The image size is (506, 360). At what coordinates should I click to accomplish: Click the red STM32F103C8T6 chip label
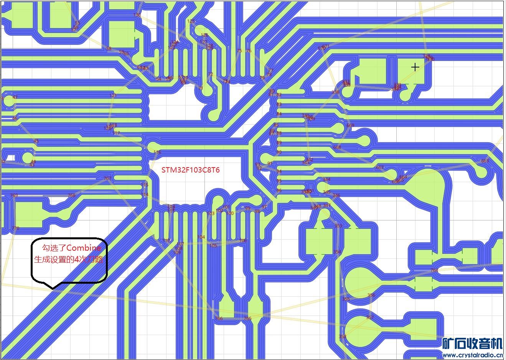click(190, 170)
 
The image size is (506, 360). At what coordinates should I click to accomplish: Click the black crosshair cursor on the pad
click(415, 67)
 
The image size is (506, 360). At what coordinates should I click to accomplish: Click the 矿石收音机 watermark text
click(472, 344)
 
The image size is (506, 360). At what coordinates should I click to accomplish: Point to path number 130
click(137, 15)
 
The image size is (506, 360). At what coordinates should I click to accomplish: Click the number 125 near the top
click(191, 21)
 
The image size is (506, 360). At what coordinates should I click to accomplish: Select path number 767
click(107, 178)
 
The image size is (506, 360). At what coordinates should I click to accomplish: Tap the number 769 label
click(14, 196)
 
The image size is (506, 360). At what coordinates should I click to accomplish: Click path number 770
click(15, 228)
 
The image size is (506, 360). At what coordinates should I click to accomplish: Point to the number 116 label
click(157, 152)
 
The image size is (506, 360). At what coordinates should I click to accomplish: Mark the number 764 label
click(434, 271)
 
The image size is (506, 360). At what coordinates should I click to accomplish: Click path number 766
click(219, 319)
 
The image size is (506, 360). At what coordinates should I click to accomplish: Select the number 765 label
click(248, 319)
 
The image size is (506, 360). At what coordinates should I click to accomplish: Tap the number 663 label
click(485, 161)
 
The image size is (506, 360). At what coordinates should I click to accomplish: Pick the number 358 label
click(342, 337)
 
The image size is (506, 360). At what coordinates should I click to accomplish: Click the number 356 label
click(371, 295)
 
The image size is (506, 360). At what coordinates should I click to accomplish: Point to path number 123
click(113, 95)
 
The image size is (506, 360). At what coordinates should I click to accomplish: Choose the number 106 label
click(243, 241)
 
